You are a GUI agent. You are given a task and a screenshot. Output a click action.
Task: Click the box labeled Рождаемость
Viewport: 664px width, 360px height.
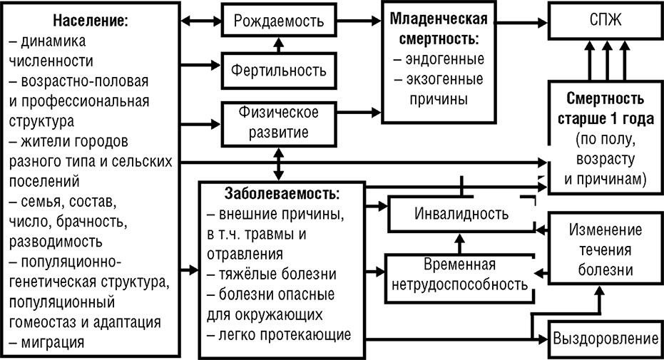279,21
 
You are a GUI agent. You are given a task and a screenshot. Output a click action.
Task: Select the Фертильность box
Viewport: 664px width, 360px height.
279,71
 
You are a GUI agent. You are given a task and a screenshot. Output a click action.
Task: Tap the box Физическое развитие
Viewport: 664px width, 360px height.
279,123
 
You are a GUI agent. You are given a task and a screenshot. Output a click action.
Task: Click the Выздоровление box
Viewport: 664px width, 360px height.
606,337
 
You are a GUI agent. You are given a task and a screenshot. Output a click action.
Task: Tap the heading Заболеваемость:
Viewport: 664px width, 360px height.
282,193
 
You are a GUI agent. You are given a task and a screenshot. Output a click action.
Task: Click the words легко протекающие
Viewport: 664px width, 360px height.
279,334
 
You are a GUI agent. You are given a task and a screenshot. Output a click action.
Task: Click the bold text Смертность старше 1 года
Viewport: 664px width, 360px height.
605,107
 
